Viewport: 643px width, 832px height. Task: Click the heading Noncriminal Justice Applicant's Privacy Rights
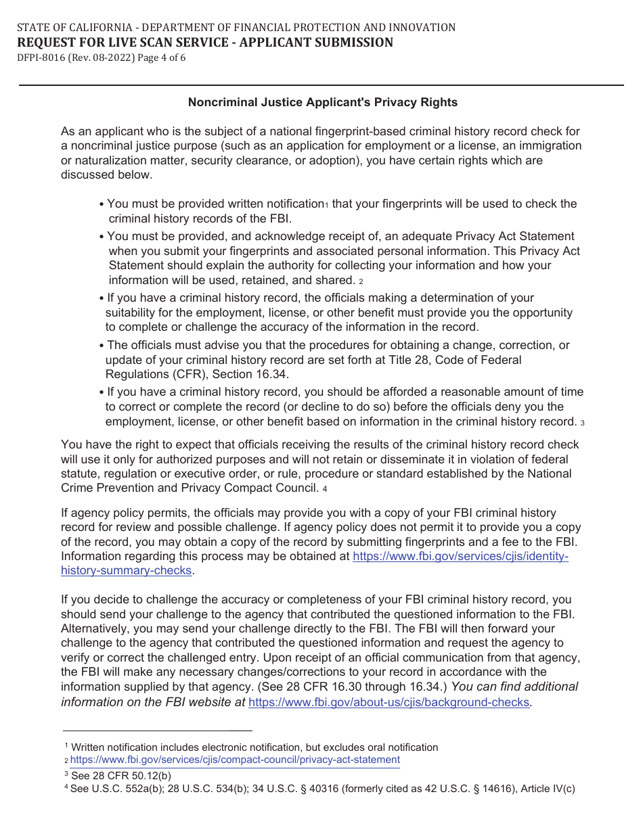tap(322, 103)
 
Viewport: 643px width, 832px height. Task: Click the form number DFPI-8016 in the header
tap(41, 57)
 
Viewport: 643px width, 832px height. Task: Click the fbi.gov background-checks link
tap(389, 702)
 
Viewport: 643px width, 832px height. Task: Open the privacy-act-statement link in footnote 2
tap(235, 760)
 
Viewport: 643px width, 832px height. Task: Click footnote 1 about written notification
tap(254, 747)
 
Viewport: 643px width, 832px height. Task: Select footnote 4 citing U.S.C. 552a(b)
tap(322, 789)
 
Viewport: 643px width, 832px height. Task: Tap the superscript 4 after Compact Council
tap(325, 489)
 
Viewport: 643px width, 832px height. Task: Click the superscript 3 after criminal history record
tap(582, 423)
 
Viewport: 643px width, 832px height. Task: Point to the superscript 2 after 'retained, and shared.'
tap(361, 281)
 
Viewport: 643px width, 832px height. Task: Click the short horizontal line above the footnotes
tap(157, 731)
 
